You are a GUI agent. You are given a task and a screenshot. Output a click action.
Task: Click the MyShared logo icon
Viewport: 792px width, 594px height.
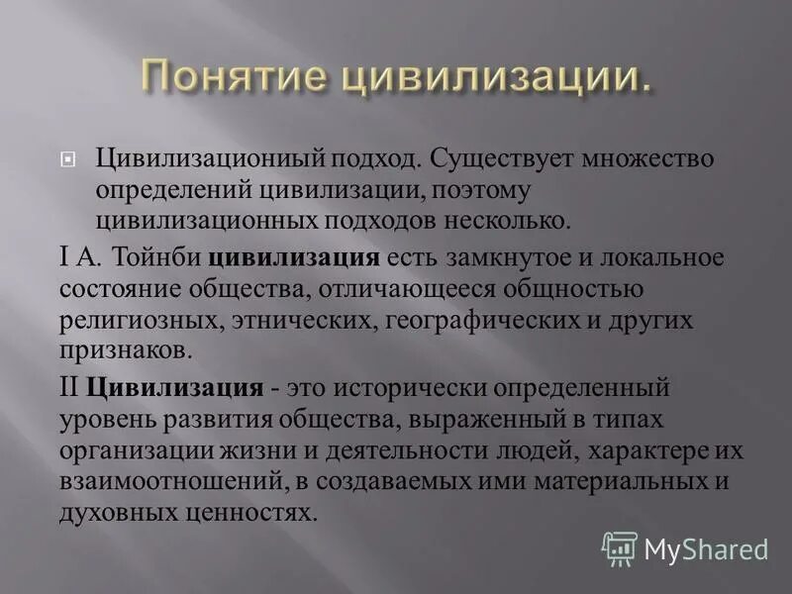620,547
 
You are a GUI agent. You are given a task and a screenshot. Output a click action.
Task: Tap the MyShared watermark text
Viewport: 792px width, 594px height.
706,548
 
